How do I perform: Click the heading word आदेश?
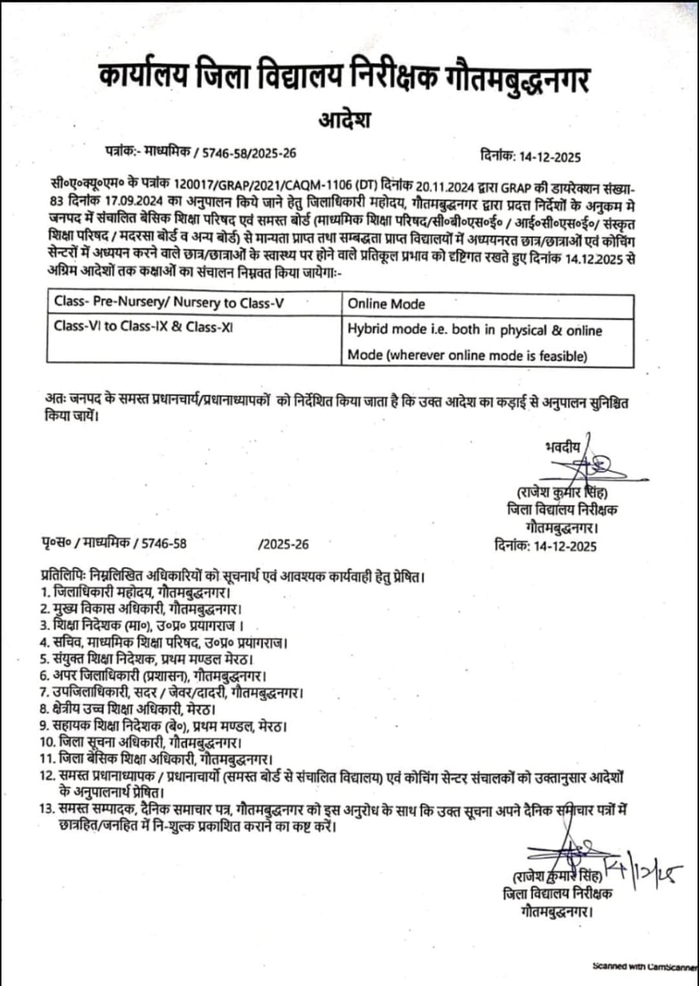(344, 120)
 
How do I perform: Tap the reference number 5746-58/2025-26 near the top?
(249, 153)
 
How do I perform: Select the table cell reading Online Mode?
(386, 304)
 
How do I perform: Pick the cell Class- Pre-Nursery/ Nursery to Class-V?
(169, 302)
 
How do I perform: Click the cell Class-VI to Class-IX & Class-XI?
(144, 327)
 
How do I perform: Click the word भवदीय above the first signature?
(563, 447)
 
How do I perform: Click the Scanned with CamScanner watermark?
(644, 966)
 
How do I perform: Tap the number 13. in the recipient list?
(47, 809)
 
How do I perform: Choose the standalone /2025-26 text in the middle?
(283, 544)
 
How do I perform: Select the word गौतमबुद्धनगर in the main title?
(517, 79)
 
